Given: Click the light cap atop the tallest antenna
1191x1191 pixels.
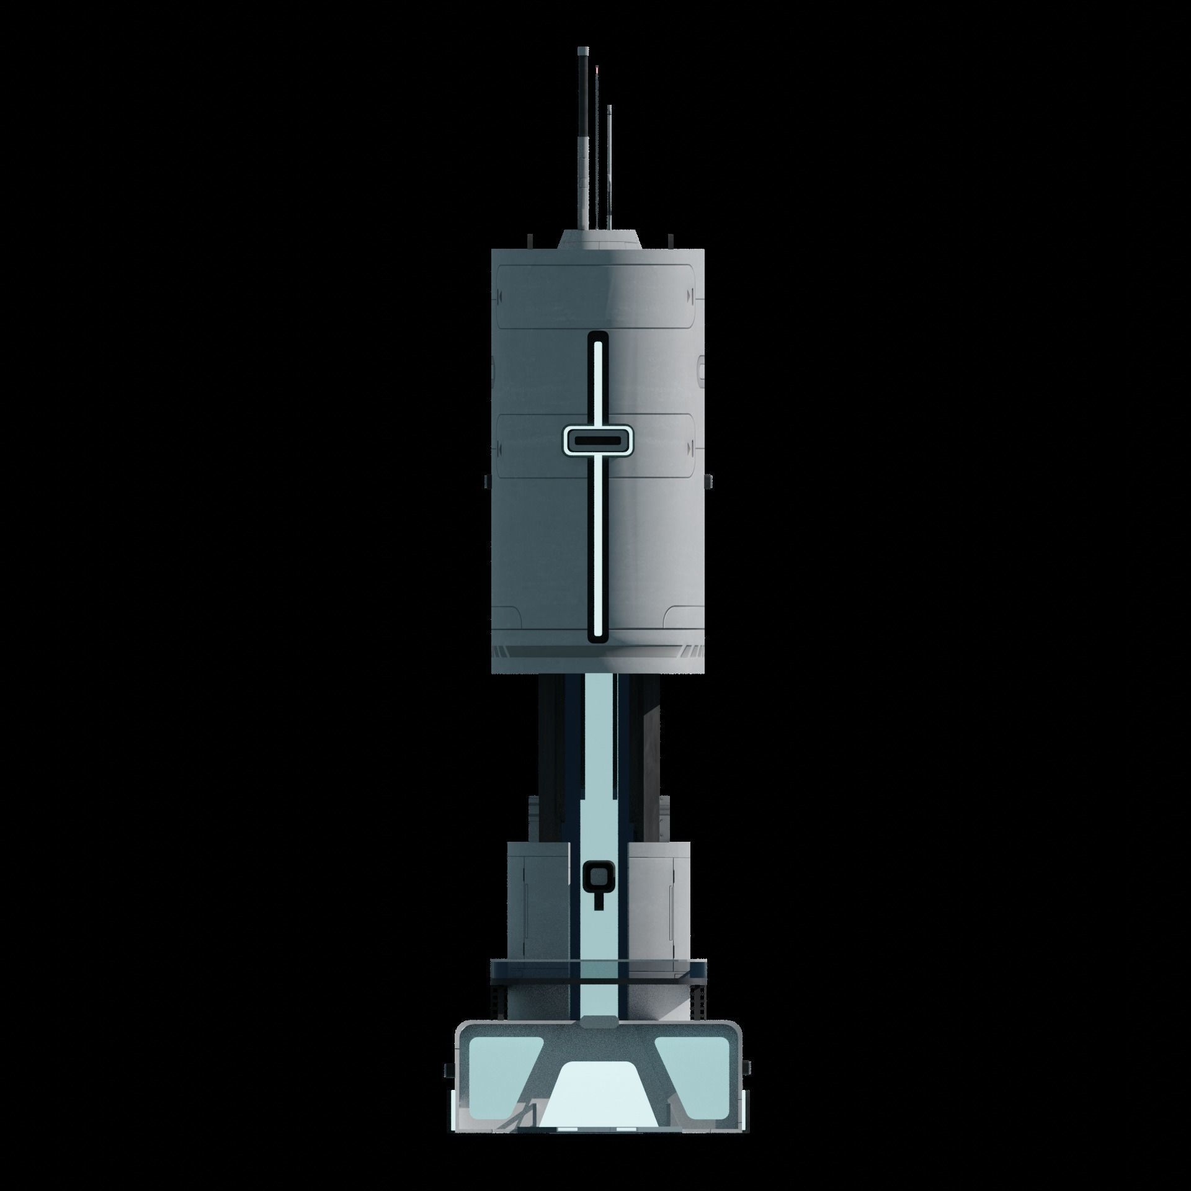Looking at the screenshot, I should click(582, 49).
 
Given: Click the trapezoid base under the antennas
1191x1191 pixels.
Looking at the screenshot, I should click(599, 239).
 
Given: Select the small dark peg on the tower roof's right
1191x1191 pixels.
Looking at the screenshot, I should click(669, 239).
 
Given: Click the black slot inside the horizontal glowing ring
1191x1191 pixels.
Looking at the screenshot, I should click(598, 440).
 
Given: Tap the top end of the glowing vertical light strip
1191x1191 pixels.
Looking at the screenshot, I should click(598, 342).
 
